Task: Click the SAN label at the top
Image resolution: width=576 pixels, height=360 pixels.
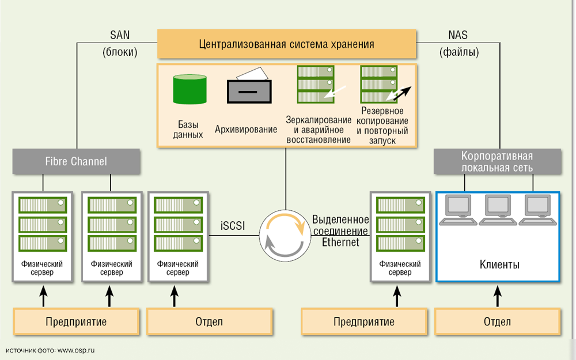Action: (x=120, y=35)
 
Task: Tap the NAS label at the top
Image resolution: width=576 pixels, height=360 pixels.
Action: (x=458, y=35)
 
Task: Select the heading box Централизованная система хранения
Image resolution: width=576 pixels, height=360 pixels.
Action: (x=286, y=44)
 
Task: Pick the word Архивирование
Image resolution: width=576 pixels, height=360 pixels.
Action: (x=246, y=130)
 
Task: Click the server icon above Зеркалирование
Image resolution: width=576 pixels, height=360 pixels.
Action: (x=315, y=84)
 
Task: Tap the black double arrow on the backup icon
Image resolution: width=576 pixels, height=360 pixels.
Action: (x=399, y=93)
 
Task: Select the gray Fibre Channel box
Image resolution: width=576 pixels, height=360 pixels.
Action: (x=76, y=161)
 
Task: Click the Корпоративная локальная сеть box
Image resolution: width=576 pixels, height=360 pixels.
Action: (x=497, y=162)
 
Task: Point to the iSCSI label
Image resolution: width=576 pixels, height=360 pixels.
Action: (x=233, y=226)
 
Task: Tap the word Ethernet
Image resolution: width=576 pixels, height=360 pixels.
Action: (x=340, y=242)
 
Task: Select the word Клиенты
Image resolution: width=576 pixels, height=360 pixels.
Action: (x=499, y=265)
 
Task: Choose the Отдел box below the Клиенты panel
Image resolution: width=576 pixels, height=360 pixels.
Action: (x=497, y=321)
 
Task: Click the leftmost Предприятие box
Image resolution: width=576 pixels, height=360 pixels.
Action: (x=76, y=321)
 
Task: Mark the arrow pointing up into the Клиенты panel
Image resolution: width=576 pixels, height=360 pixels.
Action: (x=498, y=295)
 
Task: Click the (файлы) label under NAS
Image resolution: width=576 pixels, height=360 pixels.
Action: (x=458, y=52)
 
